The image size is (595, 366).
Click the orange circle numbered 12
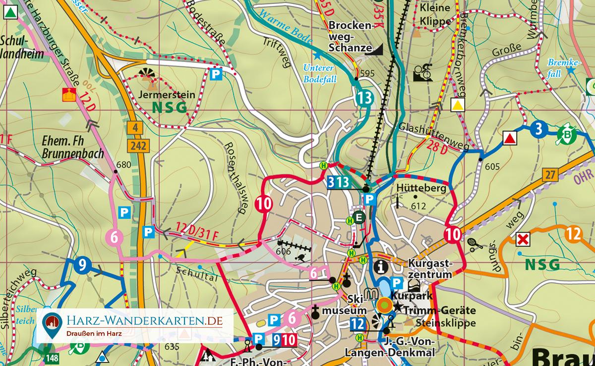coord(574,233)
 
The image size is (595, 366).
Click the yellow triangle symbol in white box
coord(458,105)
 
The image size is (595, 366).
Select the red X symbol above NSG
coord(523,240)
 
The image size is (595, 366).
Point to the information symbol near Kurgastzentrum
coord(381,266)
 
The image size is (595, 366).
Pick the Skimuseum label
coord(344,305)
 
